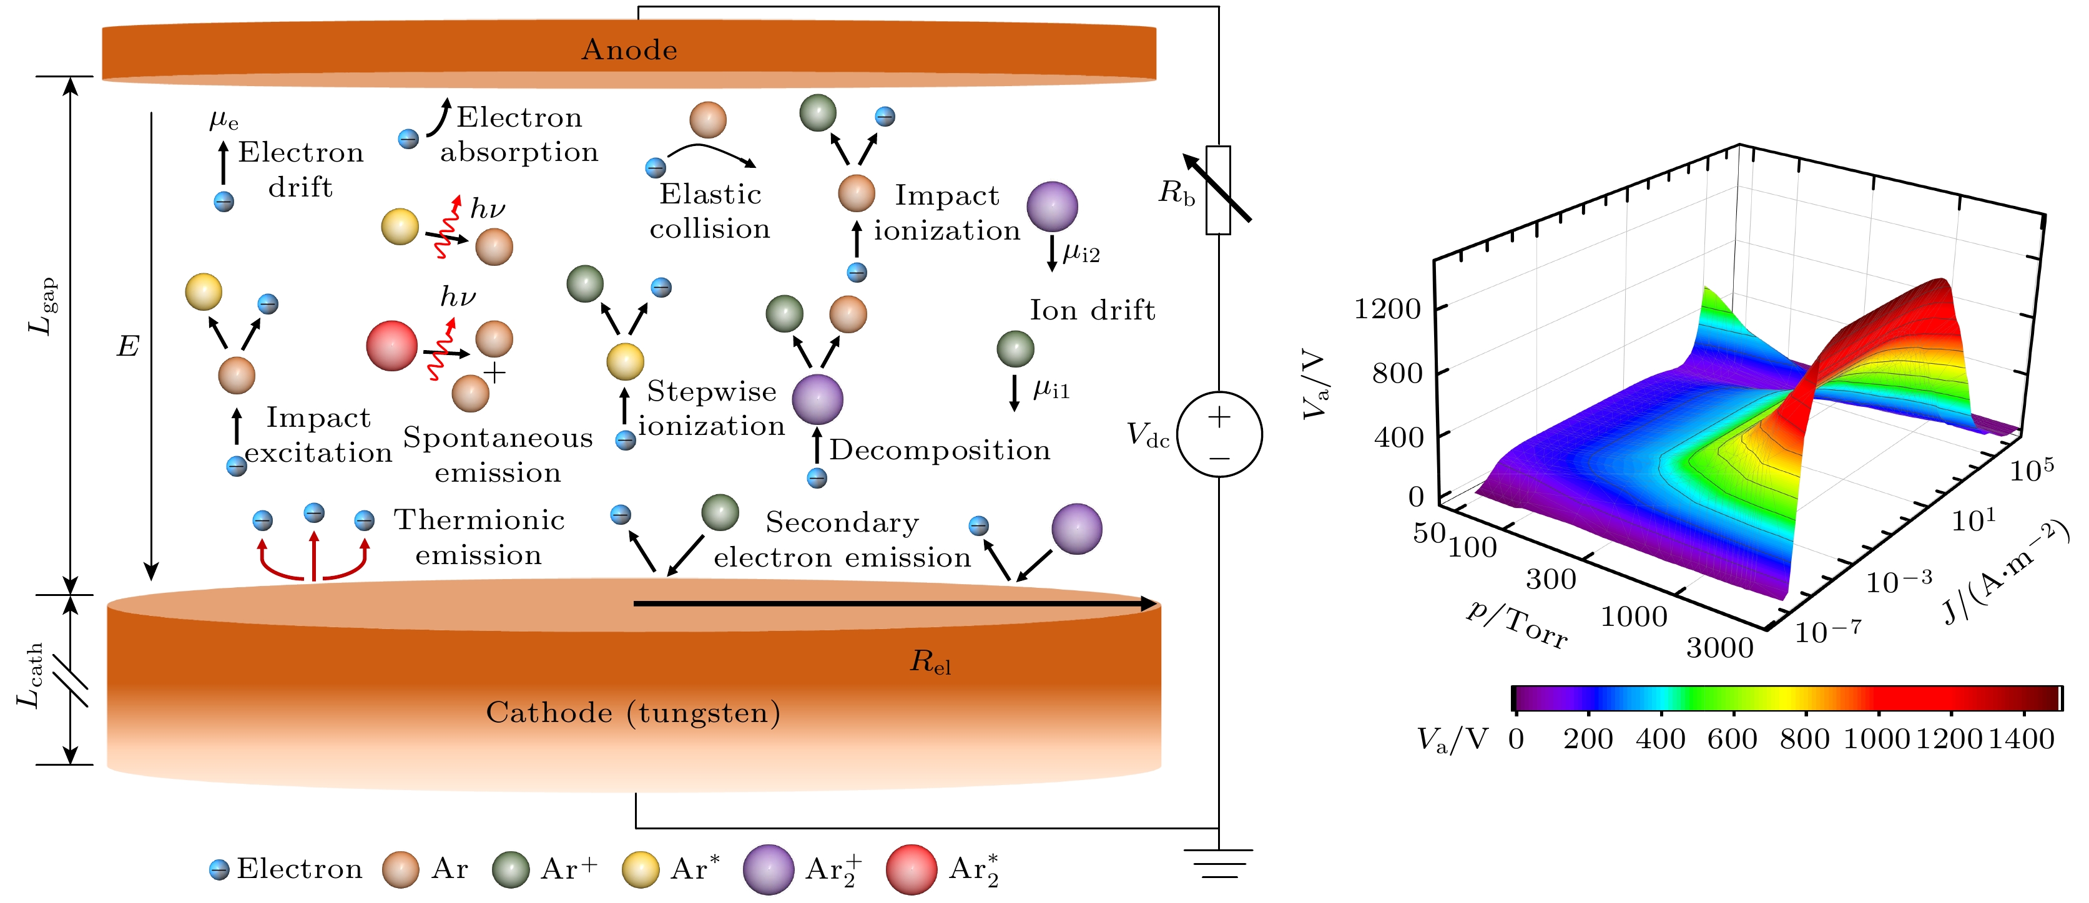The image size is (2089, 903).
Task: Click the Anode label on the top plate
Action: pos(629,51)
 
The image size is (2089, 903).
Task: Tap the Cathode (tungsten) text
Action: pos(632,713)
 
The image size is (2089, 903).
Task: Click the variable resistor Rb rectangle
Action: pos(1218,190)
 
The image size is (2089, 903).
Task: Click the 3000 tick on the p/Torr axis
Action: pos(1719,648)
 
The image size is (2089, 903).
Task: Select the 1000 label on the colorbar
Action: pos(1877,738)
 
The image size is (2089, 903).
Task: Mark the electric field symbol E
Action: pos(127,347)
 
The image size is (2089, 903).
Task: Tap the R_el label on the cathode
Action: pos(930,662)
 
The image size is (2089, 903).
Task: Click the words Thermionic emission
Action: pos(479,537)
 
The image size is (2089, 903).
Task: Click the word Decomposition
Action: pos(939,450)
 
